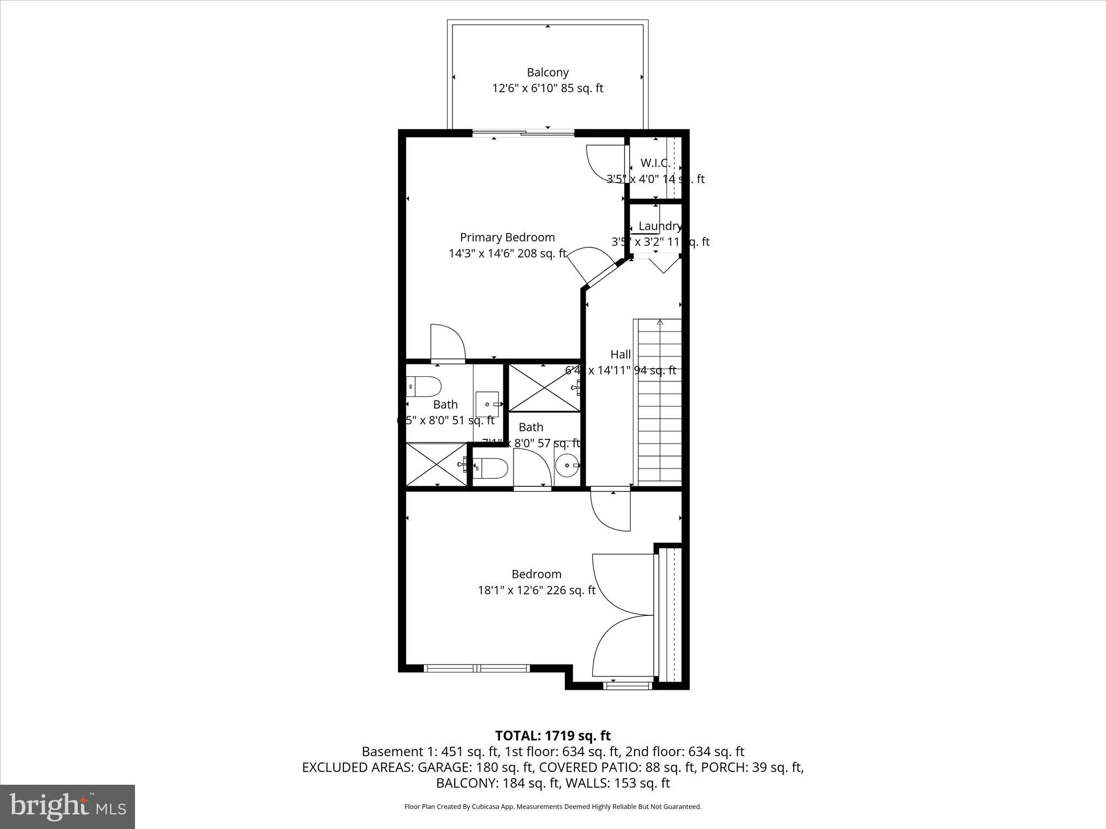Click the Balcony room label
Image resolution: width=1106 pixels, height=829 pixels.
pos(548,72)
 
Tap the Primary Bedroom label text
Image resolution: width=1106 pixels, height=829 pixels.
pos(507,237)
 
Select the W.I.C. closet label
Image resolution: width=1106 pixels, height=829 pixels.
pos(655,163)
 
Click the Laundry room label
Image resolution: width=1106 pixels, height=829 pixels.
pos(659,226)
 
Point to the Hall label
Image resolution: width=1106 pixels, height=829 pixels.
pos(621,355)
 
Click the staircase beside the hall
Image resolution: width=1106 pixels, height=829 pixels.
pos(659,402)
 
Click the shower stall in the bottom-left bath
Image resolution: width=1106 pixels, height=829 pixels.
pos(436,464)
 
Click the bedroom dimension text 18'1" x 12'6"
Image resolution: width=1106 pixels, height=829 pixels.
pos(536,590)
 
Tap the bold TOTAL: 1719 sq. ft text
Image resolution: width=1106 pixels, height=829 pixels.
pos(552,736)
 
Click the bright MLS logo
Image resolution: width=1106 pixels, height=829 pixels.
pos(68,806)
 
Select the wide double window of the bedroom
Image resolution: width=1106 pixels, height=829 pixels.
pos(477,668)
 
